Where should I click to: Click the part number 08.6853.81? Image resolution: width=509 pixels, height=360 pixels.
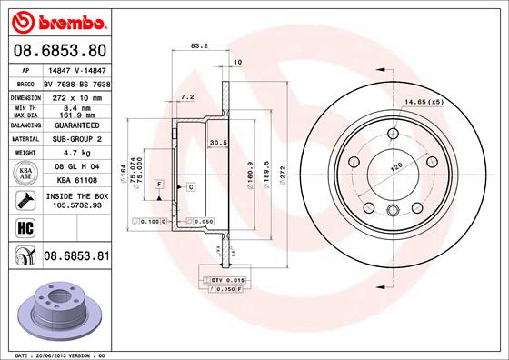pyautogui.click(x=75, y=257)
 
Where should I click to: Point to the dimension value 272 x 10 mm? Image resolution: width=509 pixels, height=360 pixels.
pyautogui.click(x=75, y=95)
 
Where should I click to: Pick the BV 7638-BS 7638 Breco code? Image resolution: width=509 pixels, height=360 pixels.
pyautogui.click(x=75, y=82)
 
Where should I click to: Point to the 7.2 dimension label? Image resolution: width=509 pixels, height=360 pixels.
pyautogui.click(x=187, y=95)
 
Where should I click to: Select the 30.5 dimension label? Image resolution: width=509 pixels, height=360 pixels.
pyautogui.click(x=218, y=143)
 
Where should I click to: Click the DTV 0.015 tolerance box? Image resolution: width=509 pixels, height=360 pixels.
pyautogui.click(x=223, y=279)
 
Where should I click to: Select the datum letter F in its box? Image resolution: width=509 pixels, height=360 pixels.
pyautogui.click(x=159, y=185)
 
